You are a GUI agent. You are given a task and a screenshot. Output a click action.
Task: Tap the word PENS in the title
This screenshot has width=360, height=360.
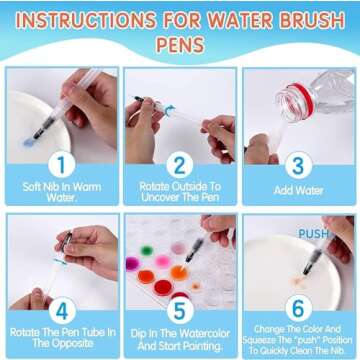(x=181, y=46)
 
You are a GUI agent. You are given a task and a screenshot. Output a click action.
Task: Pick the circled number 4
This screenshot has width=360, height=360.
(x=61, y=311)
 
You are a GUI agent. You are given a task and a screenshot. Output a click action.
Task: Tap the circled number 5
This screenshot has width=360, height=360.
(x=181, y=311)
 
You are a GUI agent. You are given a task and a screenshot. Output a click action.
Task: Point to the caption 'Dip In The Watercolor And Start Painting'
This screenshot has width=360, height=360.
(x=181, y=339)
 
